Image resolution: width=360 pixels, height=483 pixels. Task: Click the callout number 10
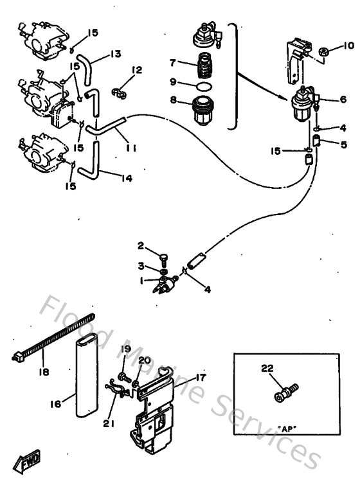(348, 46)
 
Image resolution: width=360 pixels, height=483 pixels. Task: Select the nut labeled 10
(325, 51)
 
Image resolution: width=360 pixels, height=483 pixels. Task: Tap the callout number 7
(172, 62)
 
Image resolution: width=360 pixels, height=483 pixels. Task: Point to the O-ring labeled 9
(203, 85)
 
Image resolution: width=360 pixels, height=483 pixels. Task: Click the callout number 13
(115, 54)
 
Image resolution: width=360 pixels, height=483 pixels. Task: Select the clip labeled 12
(118, 93)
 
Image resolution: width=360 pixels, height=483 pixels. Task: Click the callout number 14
(126, 178)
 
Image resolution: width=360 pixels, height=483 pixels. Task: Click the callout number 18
(42, 371)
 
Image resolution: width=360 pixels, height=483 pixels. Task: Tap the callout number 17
(201, 378)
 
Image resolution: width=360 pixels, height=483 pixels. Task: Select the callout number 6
(343, 100)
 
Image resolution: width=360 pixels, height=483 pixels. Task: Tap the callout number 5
(343, 145)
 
